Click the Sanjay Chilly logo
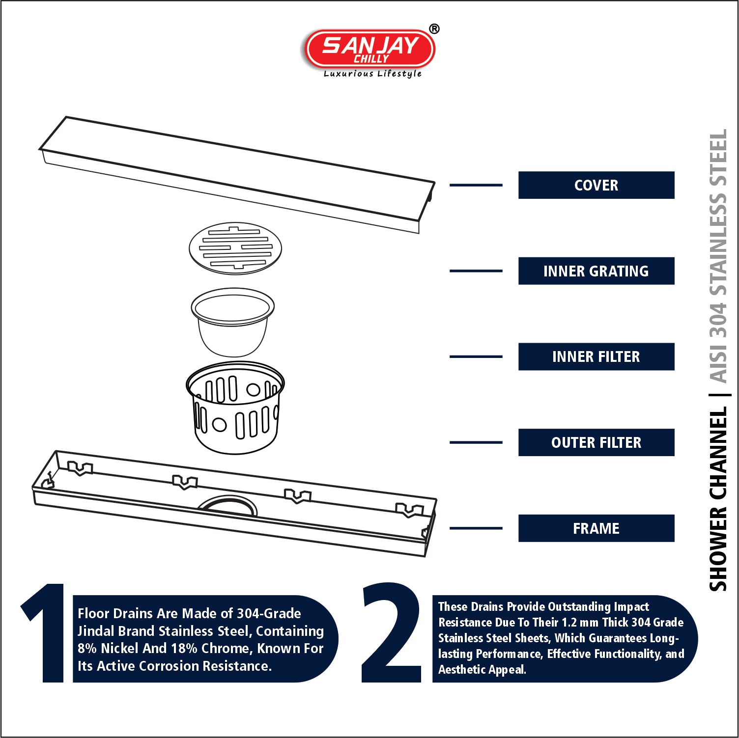(370, 49)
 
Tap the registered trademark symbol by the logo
(434, 29)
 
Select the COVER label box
(596, 185)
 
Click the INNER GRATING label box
(596, 271)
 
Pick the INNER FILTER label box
(596, 356)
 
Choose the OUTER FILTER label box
(596, 442)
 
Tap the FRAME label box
(596, 528)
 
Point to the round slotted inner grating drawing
(235, 248)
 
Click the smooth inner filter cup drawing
(232, 322)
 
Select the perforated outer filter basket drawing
(235, 408)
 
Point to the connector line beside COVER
(476, 185)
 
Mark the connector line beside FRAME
(476, 528)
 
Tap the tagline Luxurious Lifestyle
(372, 74)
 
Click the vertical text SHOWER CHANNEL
(718, 499)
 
